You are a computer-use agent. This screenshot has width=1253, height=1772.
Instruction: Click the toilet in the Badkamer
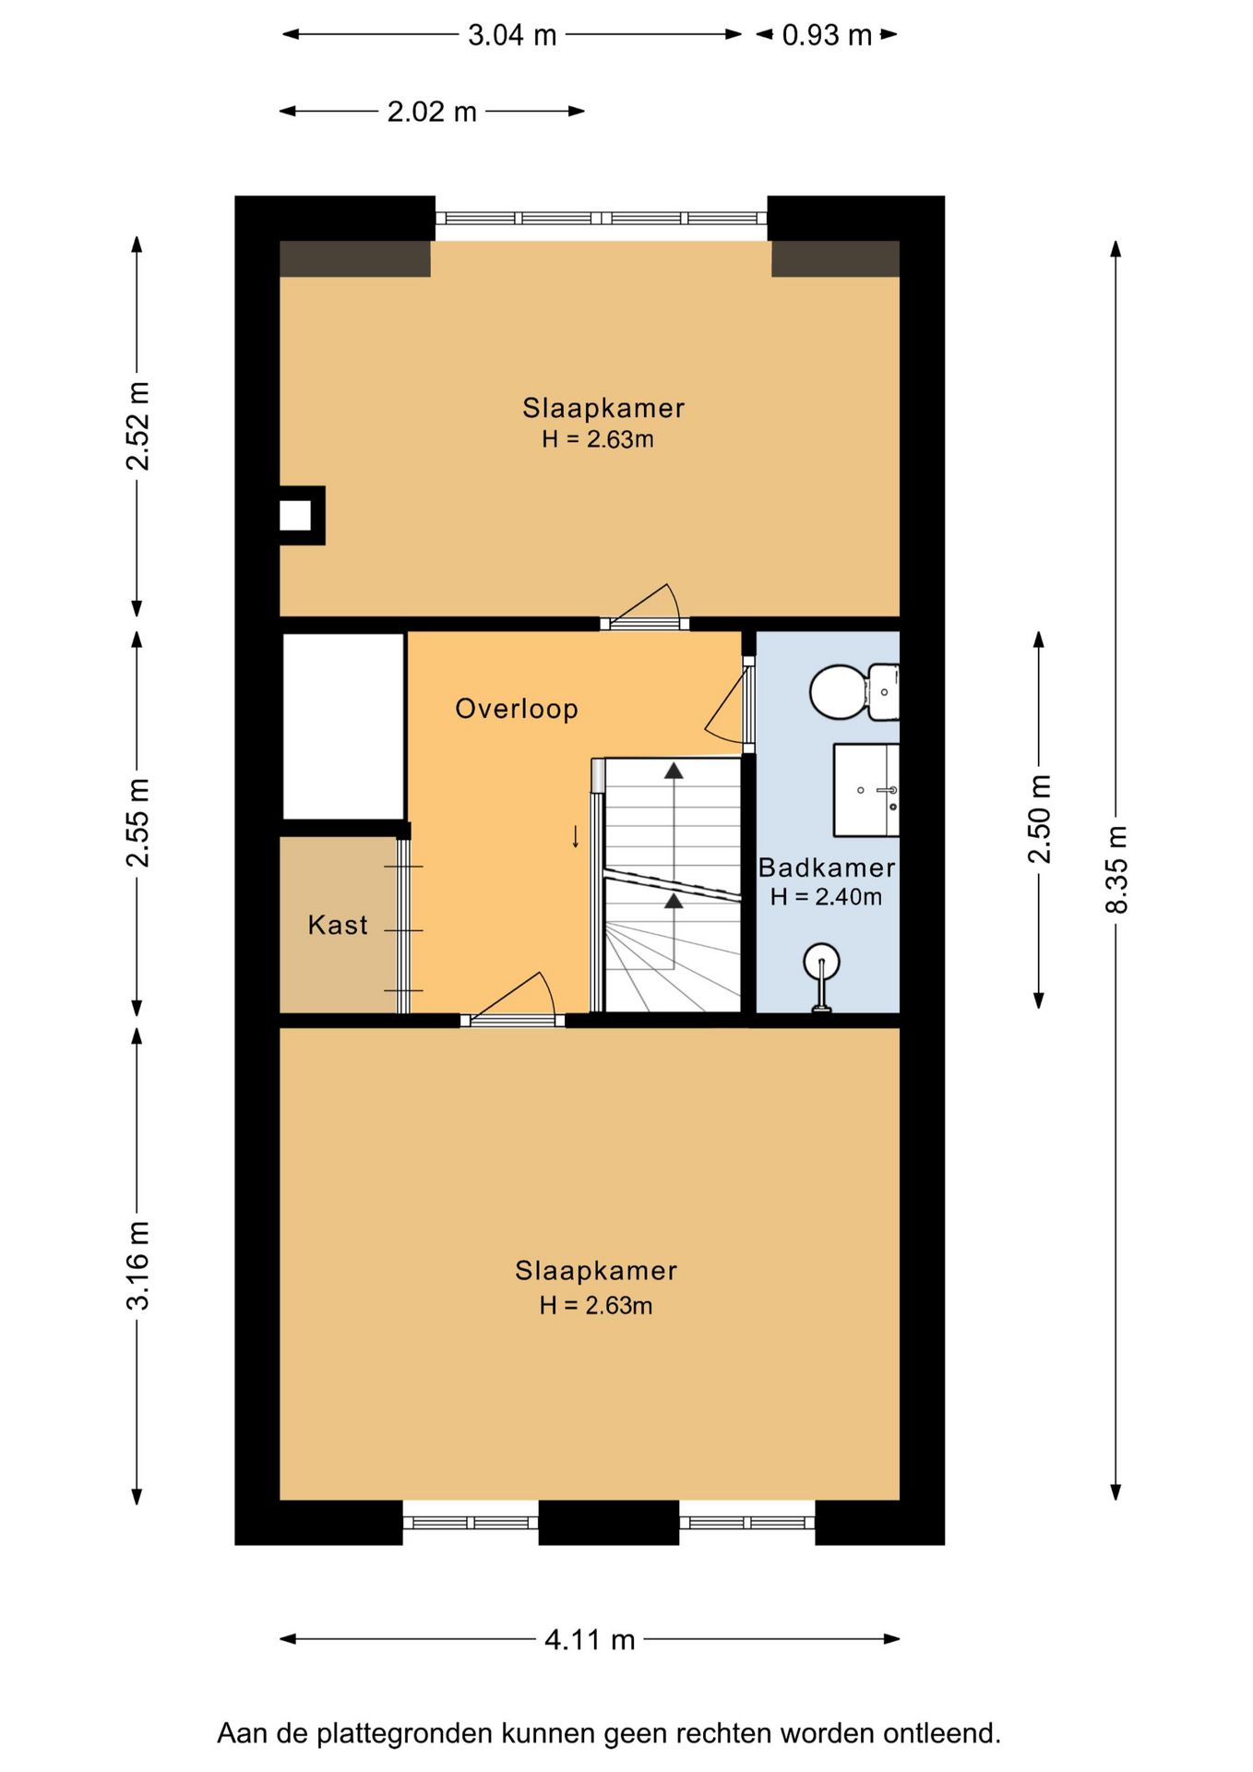pos(854,692)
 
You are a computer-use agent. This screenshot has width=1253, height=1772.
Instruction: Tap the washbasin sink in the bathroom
pos(866,790)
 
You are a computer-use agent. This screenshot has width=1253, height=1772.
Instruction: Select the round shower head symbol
pos(821,962)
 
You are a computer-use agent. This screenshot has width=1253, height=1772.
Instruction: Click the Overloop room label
pos(517,709)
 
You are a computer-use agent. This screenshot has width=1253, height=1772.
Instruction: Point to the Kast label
pos(338,925)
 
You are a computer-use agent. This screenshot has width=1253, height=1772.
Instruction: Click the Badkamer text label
pos(827,868)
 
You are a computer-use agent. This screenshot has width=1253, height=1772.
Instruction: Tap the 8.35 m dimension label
pos(1116,869)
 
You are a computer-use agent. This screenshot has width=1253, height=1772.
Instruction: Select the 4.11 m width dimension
pos(590,1639)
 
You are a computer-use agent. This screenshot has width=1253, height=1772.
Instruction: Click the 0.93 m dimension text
pos(827,35)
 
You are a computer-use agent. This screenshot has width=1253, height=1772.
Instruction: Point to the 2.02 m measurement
pos(432,112)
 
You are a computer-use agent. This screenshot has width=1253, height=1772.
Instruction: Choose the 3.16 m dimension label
pos(137,1265)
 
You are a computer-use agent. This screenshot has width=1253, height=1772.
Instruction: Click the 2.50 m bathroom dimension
pos(1040,819)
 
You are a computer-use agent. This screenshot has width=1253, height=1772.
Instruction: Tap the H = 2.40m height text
pos(826,896)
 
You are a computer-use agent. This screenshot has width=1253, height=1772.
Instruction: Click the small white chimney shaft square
pos(295,515)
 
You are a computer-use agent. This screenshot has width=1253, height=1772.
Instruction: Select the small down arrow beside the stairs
pos(576,837)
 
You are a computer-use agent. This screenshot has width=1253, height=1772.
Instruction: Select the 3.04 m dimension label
pos(512,35)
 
